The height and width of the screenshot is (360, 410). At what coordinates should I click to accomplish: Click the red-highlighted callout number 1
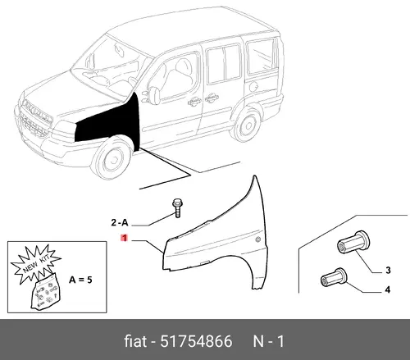pyautogui.click(x=125, y=238)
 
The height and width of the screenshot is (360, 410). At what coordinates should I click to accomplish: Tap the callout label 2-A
pyautogui.click(x=120, y=222)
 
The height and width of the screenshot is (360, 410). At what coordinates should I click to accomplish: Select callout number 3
pyautogui.click(x=388, y=271)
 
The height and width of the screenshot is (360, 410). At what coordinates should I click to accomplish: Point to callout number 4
pyautogui.click(x=388, y=289)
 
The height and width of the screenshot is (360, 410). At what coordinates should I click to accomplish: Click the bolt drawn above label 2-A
pyautogui.click(x=177, y=208)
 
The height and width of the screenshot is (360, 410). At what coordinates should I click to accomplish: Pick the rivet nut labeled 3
pyautogui.click(x=353, y=243)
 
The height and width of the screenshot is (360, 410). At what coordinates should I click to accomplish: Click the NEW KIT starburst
pyautogui.click(x=35, y=264)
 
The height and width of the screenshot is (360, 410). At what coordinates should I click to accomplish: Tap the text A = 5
pyautogui.click(x=80, y=280)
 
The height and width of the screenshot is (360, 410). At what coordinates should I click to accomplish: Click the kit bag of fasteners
pyautogui.click(x=45, y=293)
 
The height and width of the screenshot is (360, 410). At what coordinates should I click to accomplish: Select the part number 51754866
pyautogui.click(x=196, y=341)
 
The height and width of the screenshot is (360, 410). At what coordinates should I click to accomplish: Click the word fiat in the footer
pyautogui.click(x=135, y=341)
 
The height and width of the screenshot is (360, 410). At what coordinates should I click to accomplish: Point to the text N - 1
pyautogui.click(x=269, y=341)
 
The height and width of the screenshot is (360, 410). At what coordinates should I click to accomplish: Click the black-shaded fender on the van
pyautogui.click(x=115, y=123)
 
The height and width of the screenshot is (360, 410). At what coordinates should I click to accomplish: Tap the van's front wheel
pyautogui.click(x=112, y=158)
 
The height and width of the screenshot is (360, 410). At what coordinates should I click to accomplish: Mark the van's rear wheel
pyautogui.click(x=246, y=125)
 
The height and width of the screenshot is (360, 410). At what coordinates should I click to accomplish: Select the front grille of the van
pyautogui.click(x=36, y=118)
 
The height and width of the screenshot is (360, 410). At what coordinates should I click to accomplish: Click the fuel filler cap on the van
pyautogui.click(x=253, y=87)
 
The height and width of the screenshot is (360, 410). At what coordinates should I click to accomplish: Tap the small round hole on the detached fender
pyautogui.click(x=257, y=239)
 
